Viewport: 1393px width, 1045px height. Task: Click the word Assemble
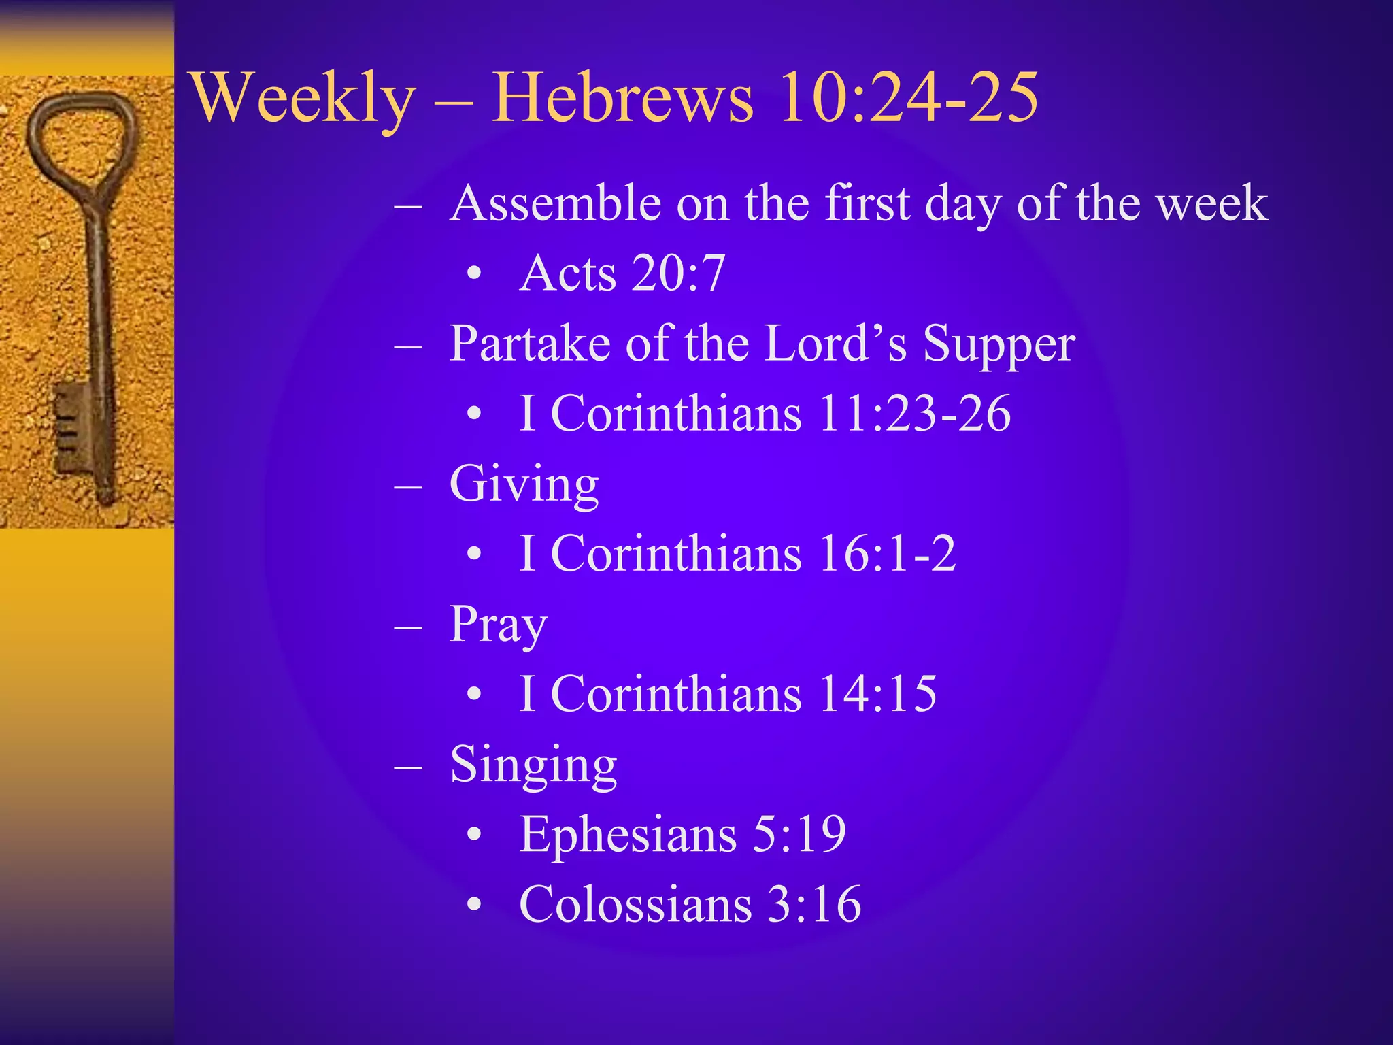(x=555, y=203)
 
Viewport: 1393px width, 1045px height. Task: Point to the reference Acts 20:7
(x=622, y=273)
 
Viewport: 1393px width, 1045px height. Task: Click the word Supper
(x=998, y=344)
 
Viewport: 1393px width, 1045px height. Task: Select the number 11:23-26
(x=914, y=414)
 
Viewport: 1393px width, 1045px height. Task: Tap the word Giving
(x=524, y=484)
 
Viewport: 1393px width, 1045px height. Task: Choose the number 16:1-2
(x=887, y=554)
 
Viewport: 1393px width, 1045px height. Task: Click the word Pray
(x=498, y=625)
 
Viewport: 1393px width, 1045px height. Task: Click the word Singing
(x=533, y=765)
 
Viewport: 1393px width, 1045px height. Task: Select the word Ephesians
(x=627, y=834)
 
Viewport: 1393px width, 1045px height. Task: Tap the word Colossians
(x=635, y=905)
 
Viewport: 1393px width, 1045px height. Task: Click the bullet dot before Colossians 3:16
(x=475, y=906)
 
